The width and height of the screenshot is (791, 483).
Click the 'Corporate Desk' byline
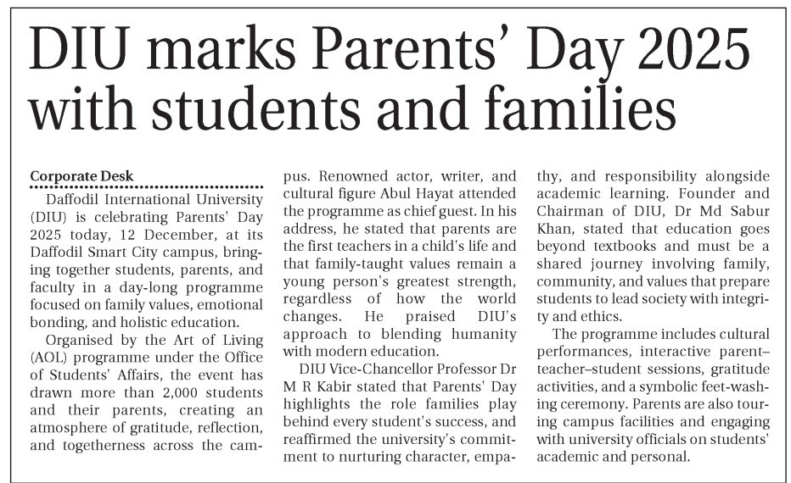[81, 176]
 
